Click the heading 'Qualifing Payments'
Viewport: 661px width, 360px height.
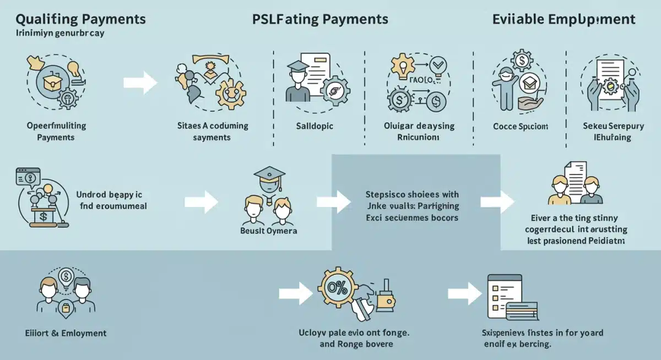coord(80,19)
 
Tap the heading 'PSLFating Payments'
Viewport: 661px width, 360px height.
coord(320,19)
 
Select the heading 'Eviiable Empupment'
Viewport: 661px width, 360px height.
coord(564,20)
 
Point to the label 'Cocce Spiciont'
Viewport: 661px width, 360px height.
coord(520,126)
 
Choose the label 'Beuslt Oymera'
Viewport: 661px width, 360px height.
coord(269,231)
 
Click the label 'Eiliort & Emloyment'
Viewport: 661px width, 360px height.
coord(66,333)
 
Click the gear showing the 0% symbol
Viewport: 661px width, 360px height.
coord(338,287)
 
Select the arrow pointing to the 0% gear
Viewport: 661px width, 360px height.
coord(296,293)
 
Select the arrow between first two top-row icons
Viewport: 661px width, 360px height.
coord(140,83)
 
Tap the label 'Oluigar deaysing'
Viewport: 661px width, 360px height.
coord(419,126)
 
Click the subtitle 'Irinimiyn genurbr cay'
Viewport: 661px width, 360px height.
coord(61,33)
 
